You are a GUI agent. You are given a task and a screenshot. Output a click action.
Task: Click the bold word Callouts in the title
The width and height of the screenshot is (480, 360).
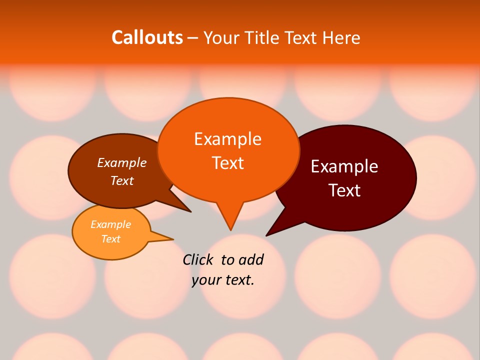pyautogui.click(x=147, y=37)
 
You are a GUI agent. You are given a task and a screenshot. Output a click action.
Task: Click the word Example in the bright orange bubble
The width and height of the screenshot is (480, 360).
pyautogui.click(x=227, y=139)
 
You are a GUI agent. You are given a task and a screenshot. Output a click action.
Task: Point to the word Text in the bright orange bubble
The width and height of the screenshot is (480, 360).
pyautogui.click(x=227, y=162)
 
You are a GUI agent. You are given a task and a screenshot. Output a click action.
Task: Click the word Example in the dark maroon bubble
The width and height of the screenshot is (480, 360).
pyautogui.click(x=344, y=166)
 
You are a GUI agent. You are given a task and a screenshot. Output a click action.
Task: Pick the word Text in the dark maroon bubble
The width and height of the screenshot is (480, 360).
pyautogui.click(x=344, y=190)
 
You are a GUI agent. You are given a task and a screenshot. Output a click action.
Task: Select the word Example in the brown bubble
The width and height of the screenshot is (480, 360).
pyautogui.click(x=122, y=163)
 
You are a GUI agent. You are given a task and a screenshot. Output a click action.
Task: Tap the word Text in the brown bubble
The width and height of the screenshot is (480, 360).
pyautogui.click(x=122, y=180)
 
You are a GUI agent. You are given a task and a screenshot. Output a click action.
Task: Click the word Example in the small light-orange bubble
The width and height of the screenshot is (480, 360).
pyautogui.click(x=110, y=224)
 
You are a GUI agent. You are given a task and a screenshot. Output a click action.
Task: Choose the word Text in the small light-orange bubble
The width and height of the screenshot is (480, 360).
pyautogui.click(x=110, y=239)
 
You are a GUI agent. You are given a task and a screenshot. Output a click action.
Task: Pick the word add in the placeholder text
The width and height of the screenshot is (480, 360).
pyautogui.click(x=251, y=259)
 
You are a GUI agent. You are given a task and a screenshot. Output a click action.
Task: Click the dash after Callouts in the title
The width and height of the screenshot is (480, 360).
pyautogui.click(x=193, y=38)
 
